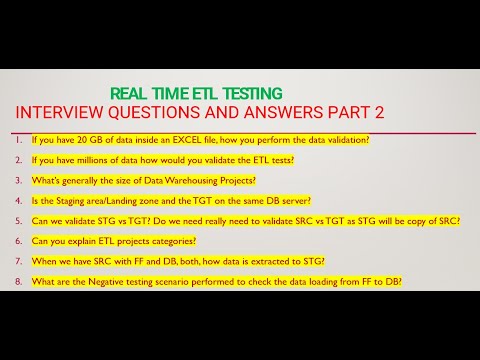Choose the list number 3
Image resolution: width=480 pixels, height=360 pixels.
20,180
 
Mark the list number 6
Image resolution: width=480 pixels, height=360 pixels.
20,241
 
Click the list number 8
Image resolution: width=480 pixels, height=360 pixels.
20,282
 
